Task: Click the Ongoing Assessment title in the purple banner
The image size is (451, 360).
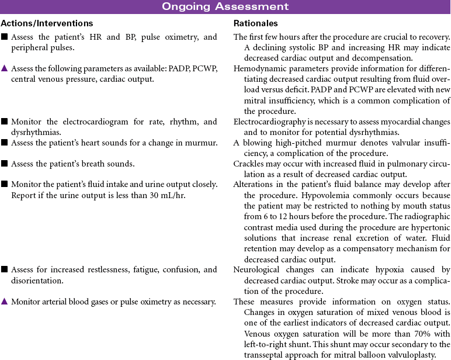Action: [x=225, y=7]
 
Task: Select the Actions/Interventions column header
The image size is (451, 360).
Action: [x=47, y=24]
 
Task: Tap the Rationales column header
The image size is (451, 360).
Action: [x=255, y=24]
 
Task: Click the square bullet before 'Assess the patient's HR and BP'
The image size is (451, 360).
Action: [x=4, y=37]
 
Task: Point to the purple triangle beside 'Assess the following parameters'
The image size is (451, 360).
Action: [x=4, y=69]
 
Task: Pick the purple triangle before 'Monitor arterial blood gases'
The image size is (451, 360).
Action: [x=4, y=302]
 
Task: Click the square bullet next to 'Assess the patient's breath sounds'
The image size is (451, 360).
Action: [x=4, y=164]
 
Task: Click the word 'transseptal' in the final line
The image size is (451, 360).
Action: [x=265, y=354]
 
